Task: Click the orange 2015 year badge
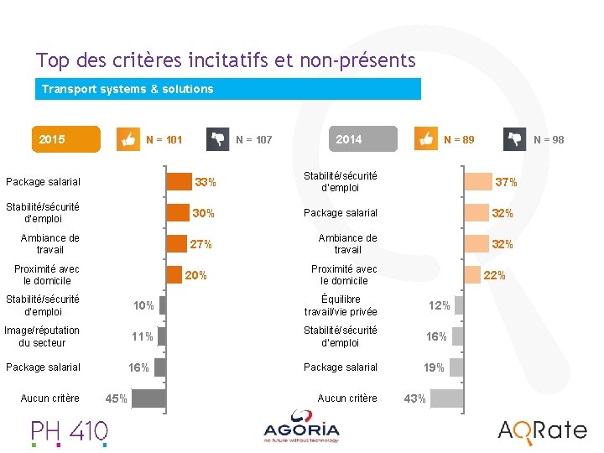click(66, 139)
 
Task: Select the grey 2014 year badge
click(363, 138)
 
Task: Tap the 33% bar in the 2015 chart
click(180, 182)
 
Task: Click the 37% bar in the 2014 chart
click(478, 182)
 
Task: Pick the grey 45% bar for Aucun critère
click(148, 398)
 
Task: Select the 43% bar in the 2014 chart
click(447, 398)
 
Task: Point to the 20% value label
click(195, 275)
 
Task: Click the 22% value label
click(494, 275)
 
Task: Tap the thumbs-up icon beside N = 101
click(128, 139)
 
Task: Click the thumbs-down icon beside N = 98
click(514, 139)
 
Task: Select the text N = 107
click(254, 140)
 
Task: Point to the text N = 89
click(459, 140)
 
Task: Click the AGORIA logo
click(301, 427)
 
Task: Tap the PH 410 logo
click(70, 433)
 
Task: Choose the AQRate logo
click(543, 432)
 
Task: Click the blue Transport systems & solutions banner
click(228, 89)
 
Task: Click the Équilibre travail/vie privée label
click(341, 305)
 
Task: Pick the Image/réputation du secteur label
click(42, 336)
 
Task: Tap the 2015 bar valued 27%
click(177, 244)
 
